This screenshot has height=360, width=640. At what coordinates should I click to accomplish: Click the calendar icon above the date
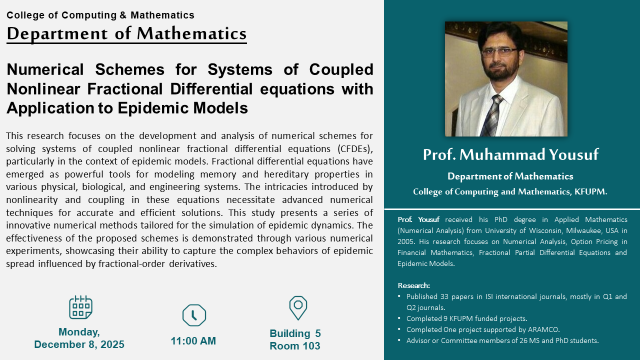(80, 307)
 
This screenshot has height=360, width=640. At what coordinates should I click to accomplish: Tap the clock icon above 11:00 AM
(194, 315)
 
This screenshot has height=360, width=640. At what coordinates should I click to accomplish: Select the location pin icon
(298, 308)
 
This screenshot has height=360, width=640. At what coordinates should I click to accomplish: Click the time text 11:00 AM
(193, 341)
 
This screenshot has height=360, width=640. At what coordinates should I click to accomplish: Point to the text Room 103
(295, 346)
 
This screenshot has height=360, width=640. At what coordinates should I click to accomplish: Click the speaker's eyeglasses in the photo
(499, 52)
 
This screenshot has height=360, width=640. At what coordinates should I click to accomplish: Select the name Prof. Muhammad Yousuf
(510, 154)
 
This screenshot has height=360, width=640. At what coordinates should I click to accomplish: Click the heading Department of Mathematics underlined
(126, 33)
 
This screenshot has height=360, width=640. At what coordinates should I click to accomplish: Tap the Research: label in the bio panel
(413, 285)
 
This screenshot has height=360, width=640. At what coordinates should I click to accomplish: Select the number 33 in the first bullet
(444, 296)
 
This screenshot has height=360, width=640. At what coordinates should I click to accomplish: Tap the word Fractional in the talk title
(125, 89)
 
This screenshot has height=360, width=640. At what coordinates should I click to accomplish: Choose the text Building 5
(295, 333)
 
